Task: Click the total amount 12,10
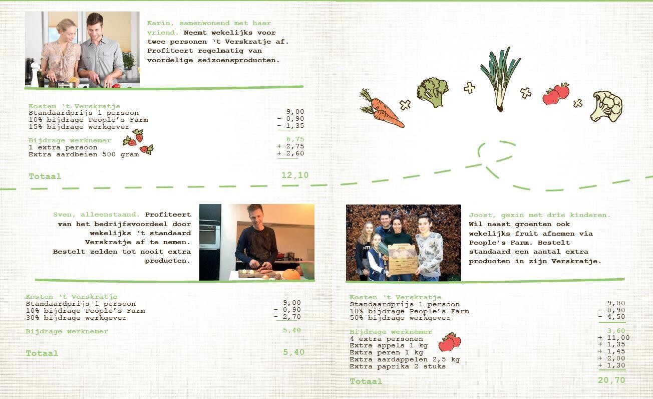[x=295, y=175]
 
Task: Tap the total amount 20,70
[x=611, y=380]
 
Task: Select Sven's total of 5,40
[x=293, y=352]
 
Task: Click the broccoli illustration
[x=433, y=92]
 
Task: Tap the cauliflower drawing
[x=606, y=106]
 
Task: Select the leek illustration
[x=500, y=79]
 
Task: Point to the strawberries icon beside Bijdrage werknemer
[x=138, y=142]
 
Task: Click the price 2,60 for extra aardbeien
[x=295, y=153]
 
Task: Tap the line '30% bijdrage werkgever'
[x=76, y=318]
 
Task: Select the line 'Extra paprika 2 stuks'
[x=398, y=366]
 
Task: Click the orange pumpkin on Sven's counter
[x=291, y=274]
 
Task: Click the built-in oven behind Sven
[x=210, y=236]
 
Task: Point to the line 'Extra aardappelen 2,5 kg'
[x=405, y=359]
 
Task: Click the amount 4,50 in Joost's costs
[x=616, y=317]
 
